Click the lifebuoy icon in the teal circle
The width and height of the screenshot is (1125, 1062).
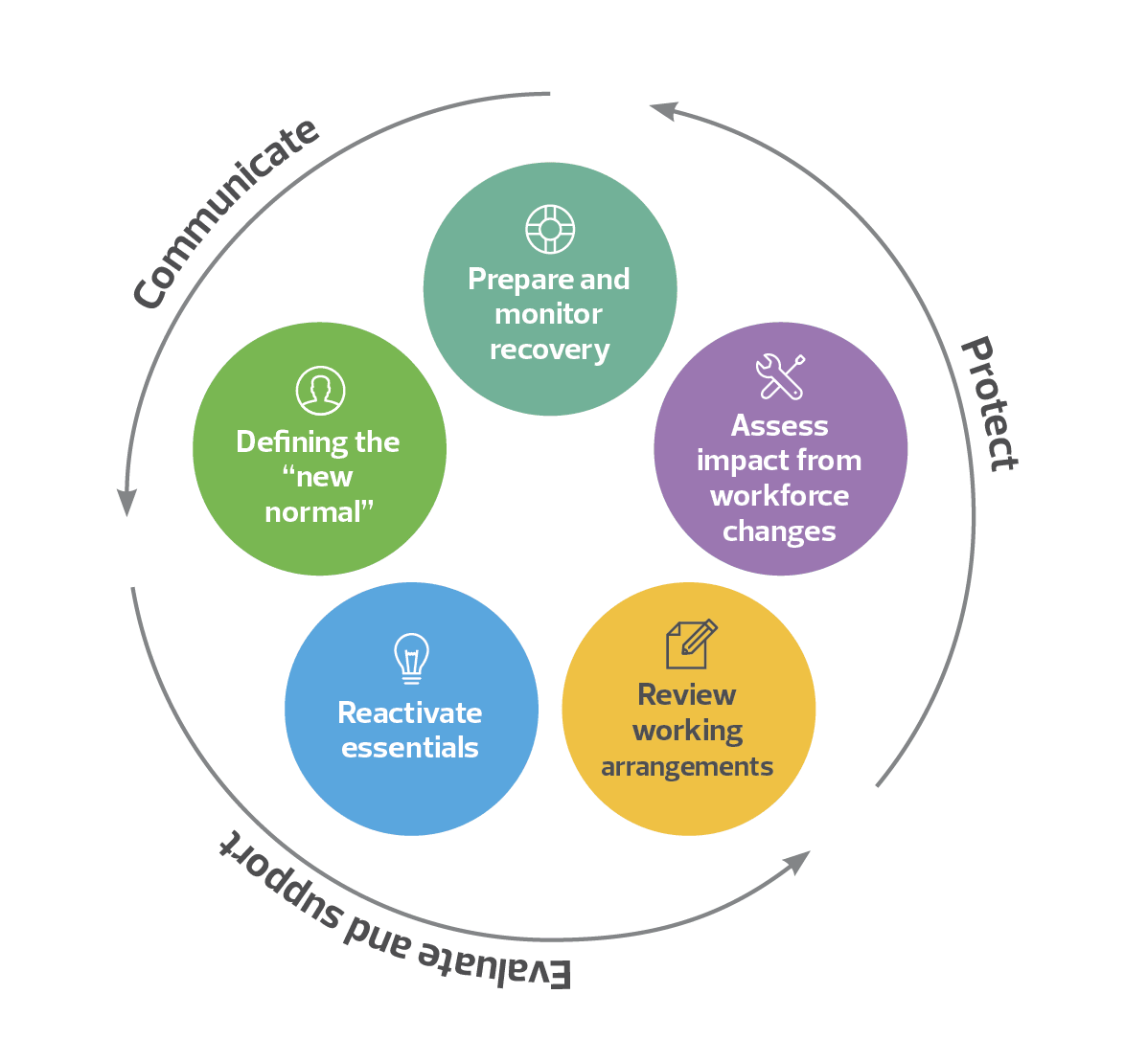550,229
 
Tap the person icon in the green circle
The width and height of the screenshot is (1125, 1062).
320,391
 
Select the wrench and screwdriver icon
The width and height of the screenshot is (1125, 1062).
780,376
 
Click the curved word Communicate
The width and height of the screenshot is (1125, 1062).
226,214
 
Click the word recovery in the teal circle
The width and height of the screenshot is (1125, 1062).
549,350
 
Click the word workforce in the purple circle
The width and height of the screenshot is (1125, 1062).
779,496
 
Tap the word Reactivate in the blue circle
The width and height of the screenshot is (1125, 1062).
410,712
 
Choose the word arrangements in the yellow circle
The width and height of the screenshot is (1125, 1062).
687,767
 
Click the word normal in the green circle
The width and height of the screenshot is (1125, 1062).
315,512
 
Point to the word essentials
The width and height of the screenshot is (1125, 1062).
410,747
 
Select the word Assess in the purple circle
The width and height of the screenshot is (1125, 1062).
779,425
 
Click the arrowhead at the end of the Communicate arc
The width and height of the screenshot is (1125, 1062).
126,503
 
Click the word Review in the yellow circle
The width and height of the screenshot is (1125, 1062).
687,694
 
